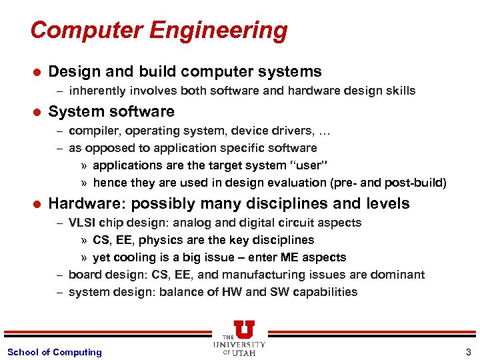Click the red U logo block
243,329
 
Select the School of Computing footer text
55,352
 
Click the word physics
169,240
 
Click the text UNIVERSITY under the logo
240,345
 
